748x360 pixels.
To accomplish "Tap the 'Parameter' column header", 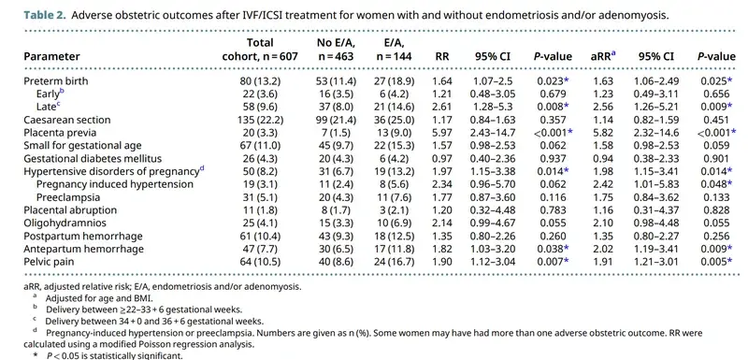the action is (x=51, y=56).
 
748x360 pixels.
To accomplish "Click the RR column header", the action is (x=442, y=56).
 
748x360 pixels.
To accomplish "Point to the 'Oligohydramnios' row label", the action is (x=65, y=223).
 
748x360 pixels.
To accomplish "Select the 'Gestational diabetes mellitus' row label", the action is (x=93, y=158).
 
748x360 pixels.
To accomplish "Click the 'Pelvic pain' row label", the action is (x=49, y=262).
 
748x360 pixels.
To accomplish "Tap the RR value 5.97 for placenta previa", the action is (x=443, y=133).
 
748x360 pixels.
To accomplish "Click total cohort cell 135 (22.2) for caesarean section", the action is (x=260, y=120).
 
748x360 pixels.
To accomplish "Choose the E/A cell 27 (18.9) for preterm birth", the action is (x=394, y=81).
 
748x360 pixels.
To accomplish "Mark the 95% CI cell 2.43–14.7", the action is (x=493, y=133).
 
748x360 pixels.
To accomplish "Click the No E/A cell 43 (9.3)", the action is (x=336, y=236).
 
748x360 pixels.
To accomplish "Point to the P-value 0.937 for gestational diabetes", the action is (x=552, y=158).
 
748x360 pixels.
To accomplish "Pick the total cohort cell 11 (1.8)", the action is (x=260, y=209).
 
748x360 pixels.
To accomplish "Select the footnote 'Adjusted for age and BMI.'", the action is (x=99, y=299).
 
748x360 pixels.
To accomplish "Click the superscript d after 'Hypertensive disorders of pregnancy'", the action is (x=201, y=169).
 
